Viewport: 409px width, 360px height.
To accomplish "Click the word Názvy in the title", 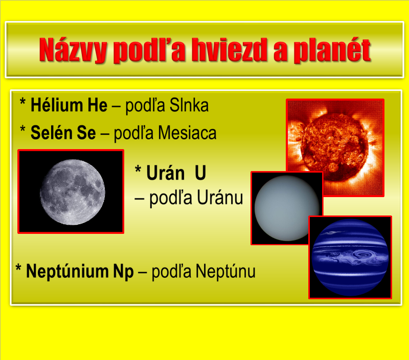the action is coord(73,50).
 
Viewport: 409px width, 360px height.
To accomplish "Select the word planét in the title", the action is coord(332,51).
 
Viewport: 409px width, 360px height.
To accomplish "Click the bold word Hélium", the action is coord(57,105).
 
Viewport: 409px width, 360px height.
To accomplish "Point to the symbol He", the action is coord(97,105).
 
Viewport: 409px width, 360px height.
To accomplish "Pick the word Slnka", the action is coord(189,105).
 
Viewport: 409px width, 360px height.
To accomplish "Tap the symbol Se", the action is coord(86,133).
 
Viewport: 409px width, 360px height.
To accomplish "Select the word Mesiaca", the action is coord(187,133).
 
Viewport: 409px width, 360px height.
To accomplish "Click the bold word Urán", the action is coord(165,172).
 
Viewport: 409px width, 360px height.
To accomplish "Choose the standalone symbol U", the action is coord(200,173).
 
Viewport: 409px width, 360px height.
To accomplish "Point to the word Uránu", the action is coord(220,198).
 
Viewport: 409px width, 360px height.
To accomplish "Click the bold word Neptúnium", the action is coord(67,271).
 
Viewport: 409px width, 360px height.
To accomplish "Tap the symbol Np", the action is coord(123,272).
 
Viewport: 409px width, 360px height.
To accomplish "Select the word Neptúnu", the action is coord(225,271).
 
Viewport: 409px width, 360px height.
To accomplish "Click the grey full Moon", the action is coord(73,192).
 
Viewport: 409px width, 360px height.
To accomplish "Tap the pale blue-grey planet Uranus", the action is coord(287,208).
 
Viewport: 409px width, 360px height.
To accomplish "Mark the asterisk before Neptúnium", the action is coord(18,267).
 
